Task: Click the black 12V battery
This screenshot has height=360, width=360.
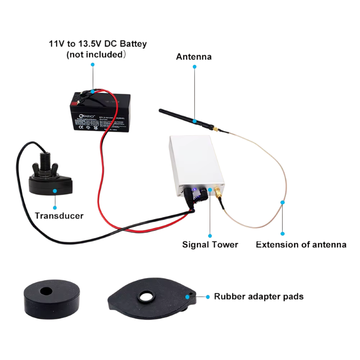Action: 99,112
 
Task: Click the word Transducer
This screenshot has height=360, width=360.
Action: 59,216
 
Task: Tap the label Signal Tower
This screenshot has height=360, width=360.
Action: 210,245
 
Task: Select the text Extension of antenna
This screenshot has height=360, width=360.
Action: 301,245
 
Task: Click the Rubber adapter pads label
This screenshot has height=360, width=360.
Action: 258,297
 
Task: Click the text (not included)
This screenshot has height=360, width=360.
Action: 95,55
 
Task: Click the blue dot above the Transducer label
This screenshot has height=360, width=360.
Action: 55,191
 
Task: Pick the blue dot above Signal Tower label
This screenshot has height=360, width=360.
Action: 210,234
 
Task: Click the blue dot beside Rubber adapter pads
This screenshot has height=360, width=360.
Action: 207,297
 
